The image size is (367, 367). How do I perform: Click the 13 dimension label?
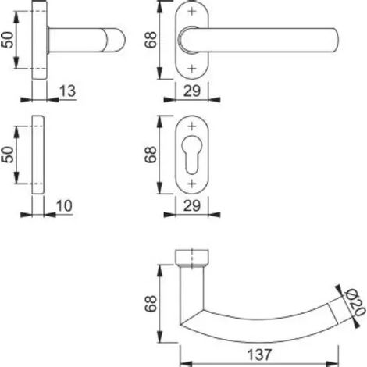click(68, 91)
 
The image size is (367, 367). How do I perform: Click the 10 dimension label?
click(64, 206)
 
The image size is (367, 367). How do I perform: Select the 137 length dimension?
click(259, 355)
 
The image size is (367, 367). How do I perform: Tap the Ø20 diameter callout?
click(355, 302)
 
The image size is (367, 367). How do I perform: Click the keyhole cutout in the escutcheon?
click(192, 155)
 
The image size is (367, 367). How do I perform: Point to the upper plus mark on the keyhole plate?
click(192, 126)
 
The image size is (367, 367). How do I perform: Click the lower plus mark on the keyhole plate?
click(192, 183)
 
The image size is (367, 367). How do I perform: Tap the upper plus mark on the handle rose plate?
click(192, 12)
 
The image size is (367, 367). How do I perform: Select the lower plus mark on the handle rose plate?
click(192, 69)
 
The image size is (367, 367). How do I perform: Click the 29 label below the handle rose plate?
click(192, 91)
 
